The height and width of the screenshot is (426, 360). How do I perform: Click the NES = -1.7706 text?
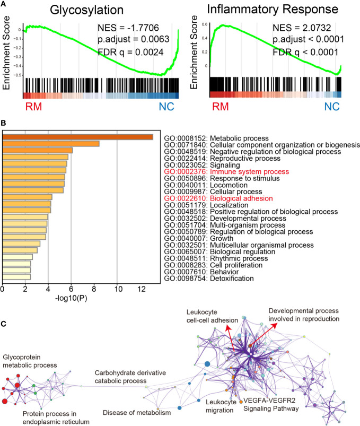pos(123,27)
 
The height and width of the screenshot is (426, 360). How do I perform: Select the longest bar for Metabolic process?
pos(78,137)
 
